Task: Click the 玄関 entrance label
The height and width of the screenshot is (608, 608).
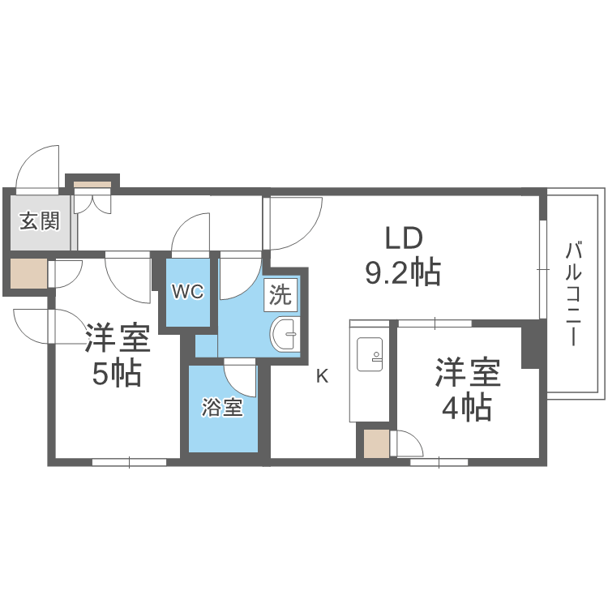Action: (40, 221)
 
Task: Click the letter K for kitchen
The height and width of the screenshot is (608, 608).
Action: (322, 376)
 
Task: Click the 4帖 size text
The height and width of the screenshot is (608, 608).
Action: (466, 409)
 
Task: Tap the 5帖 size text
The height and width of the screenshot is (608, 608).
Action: (116, 375)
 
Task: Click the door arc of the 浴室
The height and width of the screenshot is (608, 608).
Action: (241, 379)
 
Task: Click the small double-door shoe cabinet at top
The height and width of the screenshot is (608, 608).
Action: (92, 195)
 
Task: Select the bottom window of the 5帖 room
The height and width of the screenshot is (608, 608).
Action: (129, 462)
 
